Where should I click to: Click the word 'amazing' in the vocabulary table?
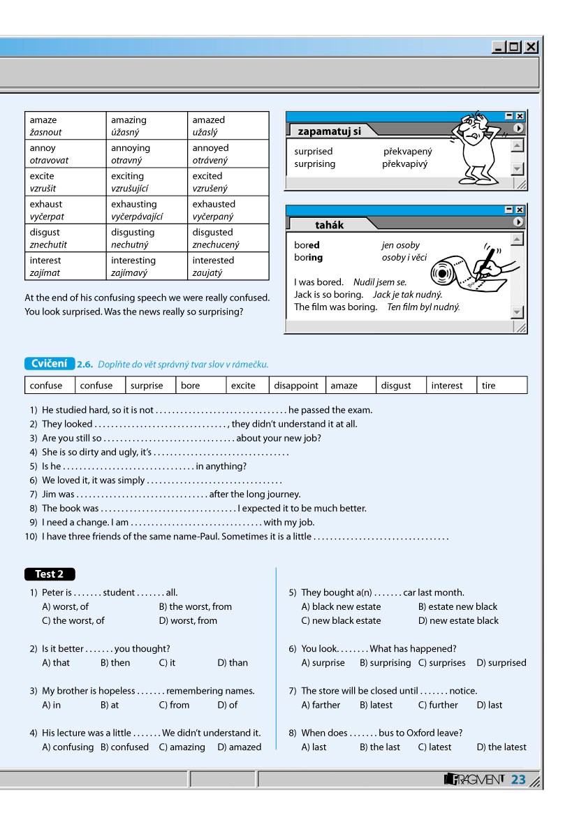tap(129, 120)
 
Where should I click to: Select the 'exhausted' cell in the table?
tap(214, 204)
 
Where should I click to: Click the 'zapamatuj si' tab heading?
tap(329, 131)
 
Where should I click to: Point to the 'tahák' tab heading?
tap(330, 225)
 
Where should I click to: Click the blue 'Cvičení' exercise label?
tap(50, 363)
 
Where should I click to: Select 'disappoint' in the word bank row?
tap(295, 386)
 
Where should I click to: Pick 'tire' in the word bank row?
tap(488, 386)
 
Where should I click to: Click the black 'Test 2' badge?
tap(50, 574)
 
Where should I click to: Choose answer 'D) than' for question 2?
tap(233, 663)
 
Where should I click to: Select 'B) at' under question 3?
tap(110, 705)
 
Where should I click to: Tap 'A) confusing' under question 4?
tap(68, 747)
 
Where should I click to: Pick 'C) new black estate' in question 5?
tap(341, 620)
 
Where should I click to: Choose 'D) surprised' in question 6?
tap(501, 663)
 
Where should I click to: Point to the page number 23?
tap(518, 780)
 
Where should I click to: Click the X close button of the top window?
tap(532, 48)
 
